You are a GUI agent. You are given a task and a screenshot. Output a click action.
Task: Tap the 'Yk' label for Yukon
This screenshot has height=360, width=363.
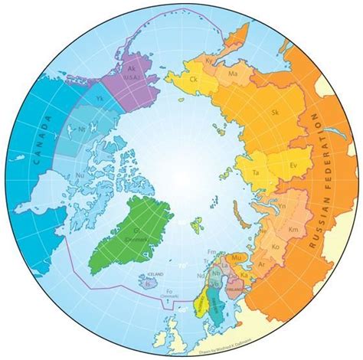[99, 99]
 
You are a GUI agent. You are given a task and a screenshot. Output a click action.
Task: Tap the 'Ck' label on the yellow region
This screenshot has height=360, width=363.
[193, 79]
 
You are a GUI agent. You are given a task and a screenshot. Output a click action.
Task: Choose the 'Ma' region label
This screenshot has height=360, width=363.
[234, 73]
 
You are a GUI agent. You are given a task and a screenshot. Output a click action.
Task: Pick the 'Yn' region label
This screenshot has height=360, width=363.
[282, 206]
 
